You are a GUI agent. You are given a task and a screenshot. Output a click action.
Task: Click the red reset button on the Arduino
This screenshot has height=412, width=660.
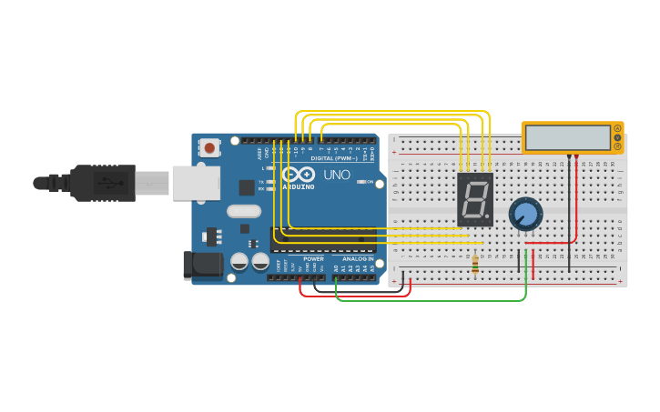pos(210,147)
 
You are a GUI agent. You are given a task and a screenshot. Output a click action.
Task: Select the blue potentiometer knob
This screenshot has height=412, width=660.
pos(525,215)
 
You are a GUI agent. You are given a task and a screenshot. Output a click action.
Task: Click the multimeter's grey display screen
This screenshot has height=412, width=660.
pos(568,137)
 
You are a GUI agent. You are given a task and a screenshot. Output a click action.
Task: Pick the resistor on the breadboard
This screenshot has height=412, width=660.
pos(476,264)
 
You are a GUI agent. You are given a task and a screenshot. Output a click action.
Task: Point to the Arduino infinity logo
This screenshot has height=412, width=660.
pos(298,175)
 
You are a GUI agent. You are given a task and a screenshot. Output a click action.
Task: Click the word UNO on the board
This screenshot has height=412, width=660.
pos(337,175)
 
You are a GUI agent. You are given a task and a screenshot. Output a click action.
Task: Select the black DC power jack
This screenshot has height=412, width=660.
pos(202,265)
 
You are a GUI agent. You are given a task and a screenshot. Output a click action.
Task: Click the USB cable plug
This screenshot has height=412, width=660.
pos(104,183)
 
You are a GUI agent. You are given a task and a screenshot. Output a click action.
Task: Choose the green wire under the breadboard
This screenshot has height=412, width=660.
pos(428,300)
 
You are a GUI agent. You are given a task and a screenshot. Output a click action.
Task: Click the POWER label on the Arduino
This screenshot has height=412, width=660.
pos(313,259)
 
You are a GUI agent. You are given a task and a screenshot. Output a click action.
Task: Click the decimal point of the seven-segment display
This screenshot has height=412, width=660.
pos(489,219)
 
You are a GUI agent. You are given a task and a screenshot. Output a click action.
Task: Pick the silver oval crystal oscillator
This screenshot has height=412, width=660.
pos(244,211)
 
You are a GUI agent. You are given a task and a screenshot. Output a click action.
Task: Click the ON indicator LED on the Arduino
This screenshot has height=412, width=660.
pos(360,182)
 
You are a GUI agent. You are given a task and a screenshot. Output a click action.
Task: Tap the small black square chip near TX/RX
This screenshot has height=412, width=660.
pos(247,187)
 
